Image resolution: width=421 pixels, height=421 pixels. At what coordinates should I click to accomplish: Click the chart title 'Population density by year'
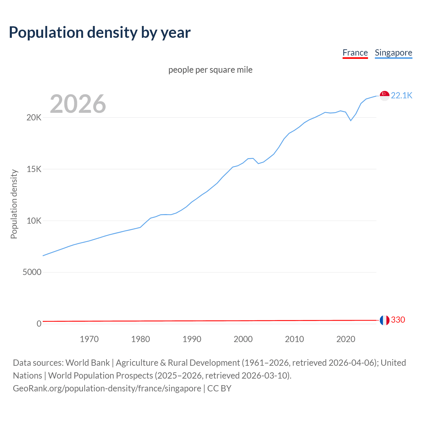pos(100,33)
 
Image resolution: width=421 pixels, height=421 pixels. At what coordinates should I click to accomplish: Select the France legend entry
pos(355,53)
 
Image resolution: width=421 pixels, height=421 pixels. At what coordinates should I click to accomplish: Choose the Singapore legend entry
pos(393,53)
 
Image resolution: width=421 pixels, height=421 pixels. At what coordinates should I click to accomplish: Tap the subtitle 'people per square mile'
pos(210,70)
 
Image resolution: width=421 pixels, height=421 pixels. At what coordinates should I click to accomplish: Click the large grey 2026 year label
pos(78,104)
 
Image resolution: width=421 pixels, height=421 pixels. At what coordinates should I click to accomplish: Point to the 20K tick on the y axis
pos(34,118)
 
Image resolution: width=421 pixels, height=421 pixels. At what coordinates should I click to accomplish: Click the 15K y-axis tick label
pos(34,169)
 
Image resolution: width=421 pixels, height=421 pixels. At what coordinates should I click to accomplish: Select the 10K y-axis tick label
pos(34,221)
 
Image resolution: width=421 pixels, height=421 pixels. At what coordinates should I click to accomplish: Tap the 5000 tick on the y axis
pos(32,272)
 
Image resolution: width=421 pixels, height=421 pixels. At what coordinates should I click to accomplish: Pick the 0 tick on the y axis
pos(39,324)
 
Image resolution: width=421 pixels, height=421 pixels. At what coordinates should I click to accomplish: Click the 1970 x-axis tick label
pos(89,339)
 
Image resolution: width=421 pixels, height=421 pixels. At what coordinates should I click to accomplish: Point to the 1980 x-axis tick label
pos(140,339)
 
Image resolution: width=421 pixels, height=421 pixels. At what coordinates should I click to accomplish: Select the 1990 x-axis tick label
pos(192,339)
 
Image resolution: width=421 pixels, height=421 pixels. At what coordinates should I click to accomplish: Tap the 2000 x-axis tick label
pos(243,339)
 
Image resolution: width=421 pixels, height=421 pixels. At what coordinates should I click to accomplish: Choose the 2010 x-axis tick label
pos(294,339)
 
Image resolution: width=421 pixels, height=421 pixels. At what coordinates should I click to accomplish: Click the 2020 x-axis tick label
pos(346,339)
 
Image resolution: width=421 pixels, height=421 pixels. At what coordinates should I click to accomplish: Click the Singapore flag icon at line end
pos(384,96)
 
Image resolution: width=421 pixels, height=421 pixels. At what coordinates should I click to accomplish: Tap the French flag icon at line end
pos(384,320)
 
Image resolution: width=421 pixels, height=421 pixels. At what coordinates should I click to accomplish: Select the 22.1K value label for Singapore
pos(402,96)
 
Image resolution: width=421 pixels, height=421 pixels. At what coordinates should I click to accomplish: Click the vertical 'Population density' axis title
pos(14,204)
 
